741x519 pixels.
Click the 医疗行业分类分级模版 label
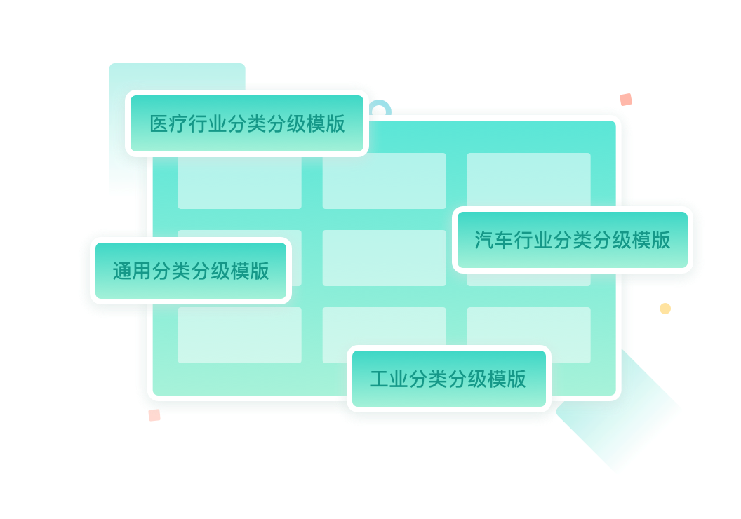pyautogui.click(x=247, y=124)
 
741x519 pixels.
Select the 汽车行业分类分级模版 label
pyautogui.click(x=572, y=241)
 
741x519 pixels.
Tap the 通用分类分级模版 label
pyautogui.click(x=191, y=271)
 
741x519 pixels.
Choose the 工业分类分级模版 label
pyautogui.click(x=448, y=379)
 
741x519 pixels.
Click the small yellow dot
pyautogui.click(x=665, y=309)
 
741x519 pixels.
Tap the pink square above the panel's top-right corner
pyautogui.click(x=626, y=100)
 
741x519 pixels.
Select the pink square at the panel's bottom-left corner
pyautogui.click(x=154, y=415)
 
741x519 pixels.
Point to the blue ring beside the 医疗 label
pyautogui.click(x=380, y=108)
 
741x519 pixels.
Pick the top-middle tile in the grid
pyautogui.click(x=384, y=180)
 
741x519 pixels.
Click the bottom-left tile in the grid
pyautogui.click(x=239, y=335)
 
